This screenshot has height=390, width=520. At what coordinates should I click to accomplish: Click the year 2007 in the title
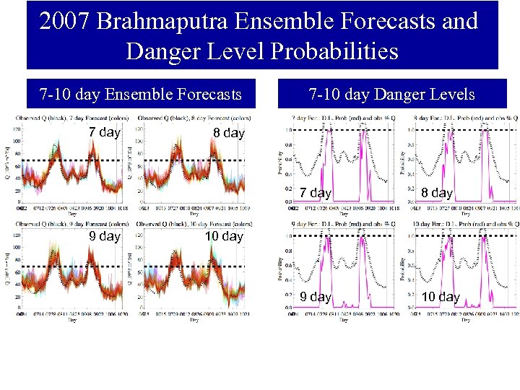pyautogui.click(x=65, y=21)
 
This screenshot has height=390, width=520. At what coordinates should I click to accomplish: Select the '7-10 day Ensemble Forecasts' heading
pyautogui.click(x=140, y=94)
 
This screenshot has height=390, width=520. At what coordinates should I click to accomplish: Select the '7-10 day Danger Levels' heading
pyautogui.click(x=391, y=94)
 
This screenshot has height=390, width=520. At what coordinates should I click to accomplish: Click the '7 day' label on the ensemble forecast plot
pyautogui.click(x=104, y=132)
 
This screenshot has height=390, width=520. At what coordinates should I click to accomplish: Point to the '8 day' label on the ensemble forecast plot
pyautogui.click(x=229, y=133)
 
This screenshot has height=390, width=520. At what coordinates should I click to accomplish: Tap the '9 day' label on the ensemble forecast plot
pyautogui.click(x=104, y=236)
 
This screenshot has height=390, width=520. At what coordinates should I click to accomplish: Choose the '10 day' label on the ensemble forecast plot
pyautogui.click(x=224, y=236)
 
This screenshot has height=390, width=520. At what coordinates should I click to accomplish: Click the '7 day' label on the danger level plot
pyautogui.click(x=315, y=193)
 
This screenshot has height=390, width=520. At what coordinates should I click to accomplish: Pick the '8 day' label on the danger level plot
pyautogui.click(x=436, y=193)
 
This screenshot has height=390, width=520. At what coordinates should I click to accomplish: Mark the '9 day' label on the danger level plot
pyautogui.click(x=315, y=297)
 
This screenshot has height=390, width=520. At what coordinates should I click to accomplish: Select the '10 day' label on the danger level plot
pyautogui.click(x=440, y=297)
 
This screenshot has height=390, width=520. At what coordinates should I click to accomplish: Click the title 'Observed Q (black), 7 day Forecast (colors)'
pyautogui.click(x=69, y=118)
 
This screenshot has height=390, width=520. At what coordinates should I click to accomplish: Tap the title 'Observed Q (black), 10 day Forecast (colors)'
pyautogui.click(x=194, y=224)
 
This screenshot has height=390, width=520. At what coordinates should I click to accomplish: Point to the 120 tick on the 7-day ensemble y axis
pyautogui.click(x=16, y=129)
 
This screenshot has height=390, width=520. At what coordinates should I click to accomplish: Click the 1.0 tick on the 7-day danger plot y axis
pyautogui.click(x=289, y=130)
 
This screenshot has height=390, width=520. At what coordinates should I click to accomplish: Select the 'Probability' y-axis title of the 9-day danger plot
pyautogui.click(x=280, y=269)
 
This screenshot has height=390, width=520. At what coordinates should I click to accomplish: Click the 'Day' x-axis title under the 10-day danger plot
pyautogui.click(x=465, y=320)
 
